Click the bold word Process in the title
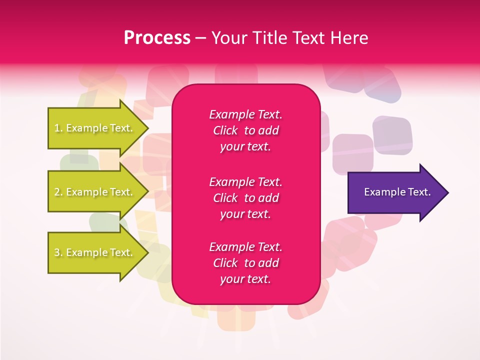click(x=157, y=38)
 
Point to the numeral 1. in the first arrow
click(x=58, y=128)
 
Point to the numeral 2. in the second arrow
click(x=58, y=192)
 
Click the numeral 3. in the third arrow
click(x=58, y=252)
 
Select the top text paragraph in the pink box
click(x=245, y=130)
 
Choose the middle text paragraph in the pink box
click(x=245, y=198)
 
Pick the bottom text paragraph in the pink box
click(x=245, y=263)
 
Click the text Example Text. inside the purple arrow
click(x=397, y=192)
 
